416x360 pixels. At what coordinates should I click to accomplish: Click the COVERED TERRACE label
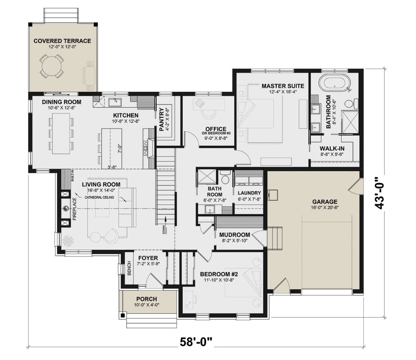[x=62, y=41]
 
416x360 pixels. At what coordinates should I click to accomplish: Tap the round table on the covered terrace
[x=52, y=66]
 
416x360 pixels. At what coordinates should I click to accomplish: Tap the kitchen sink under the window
[x=115, y=102]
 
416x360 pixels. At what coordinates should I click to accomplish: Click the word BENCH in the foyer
[x=129, y=268]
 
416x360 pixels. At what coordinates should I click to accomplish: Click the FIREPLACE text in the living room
[x=75, y=209]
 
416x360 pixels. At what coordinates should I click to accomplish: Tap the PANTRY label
[x=162, y=119]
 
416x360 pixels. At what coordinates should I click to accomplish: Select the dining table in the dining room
[x=61, y=134]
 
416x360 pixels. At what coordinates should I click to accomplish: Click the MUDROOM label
[x=234, y=235]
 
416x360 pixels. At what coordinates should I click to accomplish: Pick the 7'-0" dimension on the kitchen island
[x=120, y=149]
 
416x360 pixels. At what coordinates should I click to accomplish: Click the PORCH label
[x=147, y=299]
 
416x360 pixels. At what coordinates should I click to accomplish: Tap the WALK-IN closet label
[x=332, y=148]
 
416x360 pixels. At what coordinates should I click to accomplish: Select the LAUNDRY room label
[x=249, y=193]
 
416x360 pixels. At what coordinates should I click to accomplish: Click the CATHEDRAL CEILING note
[x=99, y=197]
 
